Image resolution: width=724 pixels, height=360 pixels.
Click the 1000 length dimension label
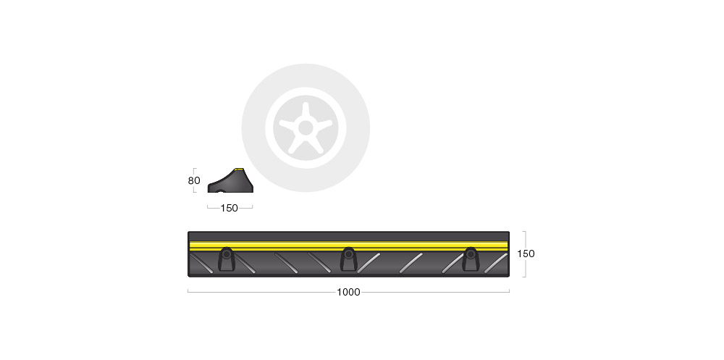point(348,292)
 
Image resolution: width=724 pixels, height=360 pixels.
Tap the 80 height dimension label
point(194,180)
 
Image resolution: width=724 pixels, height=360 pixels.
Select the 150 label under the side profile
point(229,208)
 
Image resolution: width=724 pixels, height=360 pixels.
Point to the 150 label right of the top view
point(526,254)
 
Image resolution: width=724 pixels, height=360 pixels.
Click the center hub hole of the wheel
point(306,127)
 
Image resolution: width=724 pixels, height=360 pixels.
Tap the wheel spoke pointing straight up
point(306,112)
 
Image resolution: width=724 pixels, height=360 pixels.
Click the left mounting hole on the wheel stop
point(226,254)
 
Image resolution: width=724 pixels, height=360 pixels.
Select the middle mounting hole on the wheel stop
point(349,254)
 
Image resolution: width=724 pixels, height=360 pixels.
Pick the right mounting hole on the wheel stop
point(471,254)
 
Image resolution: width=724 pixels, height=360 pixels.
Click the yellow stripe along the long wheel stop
point(349,246)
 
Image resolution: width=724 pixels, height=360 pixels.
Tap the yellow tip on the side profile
point(239,169)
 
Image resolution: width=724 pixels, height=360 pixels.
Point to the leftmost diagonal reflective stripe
point(201,263)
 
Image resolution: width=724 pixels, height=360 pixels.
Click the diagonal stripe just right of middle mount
point(369,263)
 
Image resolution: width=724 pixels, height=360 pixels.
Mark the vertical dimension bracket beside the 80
point(194,180)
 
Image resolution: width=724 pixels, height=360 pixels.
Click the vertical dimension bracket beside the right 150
point(524,254)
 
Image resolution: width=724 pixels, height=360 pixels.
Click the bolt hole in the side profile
point(220,191)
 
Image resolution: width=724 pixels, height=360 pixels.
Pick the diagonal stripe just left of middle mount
point(319,263)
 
